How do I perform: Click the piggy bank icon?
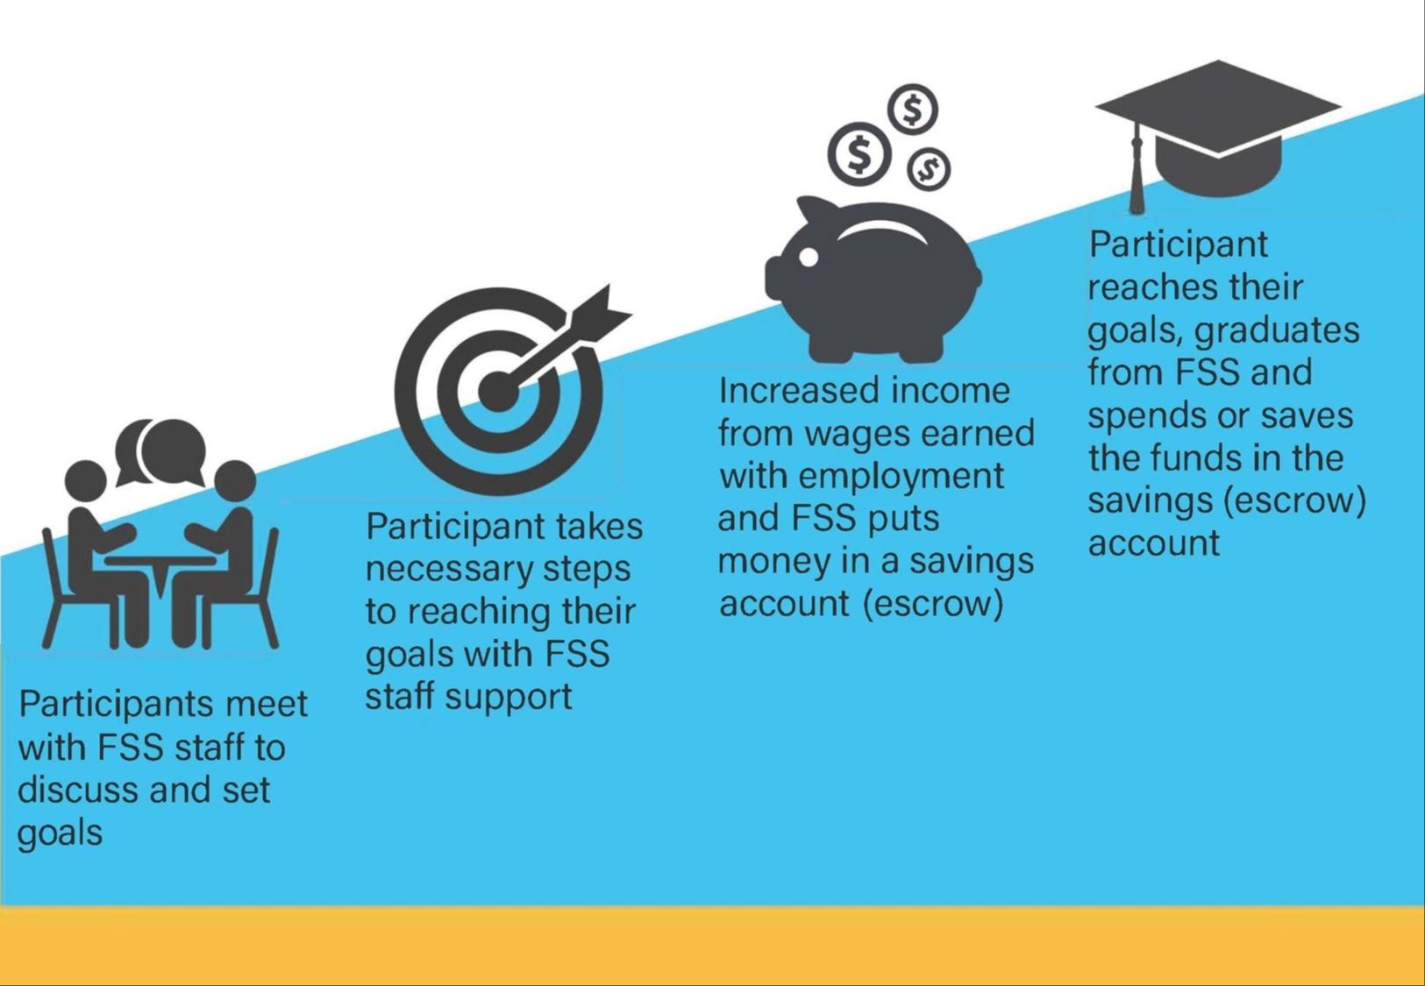coord(873,280)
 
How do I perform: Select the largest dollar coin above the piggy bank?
coord(860,154)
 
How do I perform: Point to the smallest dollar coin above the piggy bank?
coord(929,168)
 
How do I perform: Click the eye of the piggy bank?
coord(809,257)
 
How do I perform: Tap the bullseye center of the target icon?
coord(496,391)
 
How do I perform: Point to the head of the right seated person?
coord(234,481)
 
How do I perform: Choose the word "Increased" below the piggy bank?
coord(799,391)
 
